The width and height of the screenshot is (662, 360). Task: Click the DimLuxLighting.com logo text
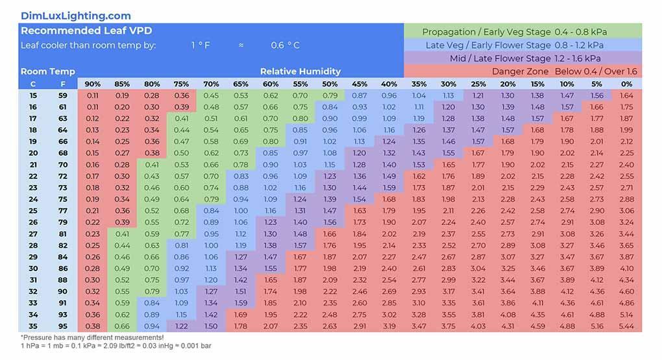75,16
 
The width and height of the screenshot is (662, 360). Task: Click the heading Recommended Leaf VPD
86,30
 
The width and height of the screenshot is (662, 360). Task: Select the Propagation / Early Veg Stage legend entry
522,32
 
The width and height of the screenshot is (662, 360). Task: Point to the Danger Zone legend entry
564,71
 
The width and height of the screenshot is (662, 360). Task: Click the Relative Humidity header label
300,71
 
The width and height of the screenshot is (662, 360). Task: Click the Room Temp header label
47,71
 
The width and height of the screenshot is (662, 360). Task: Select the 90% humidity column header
93,84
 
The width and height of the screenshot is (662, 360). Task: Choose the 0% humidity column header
626,84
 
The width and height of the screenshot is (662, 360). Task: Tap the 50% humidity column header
330,84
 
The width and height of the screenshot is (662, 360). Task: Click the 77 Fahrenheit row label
62,211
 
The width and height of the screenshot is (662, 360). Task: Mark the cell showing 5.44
626,326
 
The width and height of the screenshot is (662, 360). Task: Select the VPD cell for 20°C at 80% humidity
152,153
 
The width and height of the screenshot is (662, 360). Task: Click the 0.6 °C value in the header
286,45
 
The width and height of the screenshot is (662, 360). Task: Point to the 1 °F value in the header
201,45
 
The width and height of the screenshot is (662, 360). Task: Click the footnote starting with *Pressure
92,338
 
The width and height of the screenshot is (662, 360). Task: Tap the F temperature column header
62,84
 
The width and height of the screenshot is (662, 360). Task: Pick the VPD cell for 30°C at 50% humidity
330,269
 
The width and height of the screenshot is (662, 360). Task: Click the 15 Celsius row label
33,95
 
